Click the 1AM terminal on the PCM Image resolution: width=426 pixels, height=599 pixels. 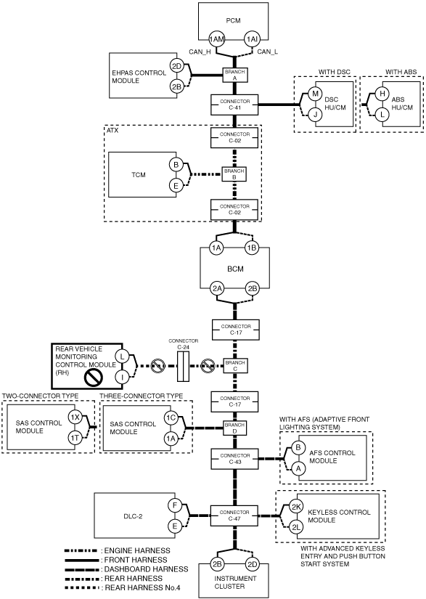pyautogui.click(x=217, y=39)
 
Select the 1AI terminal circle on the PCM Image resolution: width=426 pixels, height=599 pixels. pyautogui.click(x=252, y=39)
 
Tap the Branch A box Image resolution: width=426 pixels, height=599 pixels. pyautogui.click(x=235, y=75)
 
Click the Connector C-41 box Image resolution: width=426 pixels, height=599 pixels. pyautogui.click(x=234, y=105)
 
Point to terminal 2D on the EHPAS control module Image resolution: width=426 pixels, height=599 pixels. pyautogui.click(x=176, y=66)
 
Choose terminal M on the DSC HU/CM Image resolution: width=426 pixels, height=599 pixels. pyautogui.click(x=315, y=94)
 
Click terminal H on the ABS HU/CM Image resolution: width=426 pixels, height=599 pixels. pyautogui.click(x=382, y=94)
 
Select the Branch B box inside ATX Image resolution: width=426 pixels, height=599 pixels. pyautogui.click(x=234, y=174)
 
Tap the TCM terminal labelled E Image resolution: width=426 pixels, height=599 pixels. pyautogui.click(x=176, y=186)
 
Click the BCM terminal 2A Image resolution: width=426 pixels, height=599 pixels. pyautogui.click(x=217, y=288)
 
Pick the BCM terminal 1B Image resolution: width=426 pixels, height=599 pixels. pyautogui.click(x=252, y=248)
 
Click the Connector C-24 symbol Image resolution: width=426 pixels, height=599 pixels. pyautogui.click(x=183, y=367)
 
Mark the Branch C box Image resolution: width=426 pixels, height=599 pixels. pyautogui.click(x=235, y=366)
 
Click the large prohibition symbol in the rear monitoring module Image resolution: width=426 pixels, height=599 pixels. pyautogui.click(x=94, y=378)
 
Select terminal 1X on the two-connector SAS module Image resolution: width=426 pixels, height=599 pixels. pyautogui.click(x=75, y=417)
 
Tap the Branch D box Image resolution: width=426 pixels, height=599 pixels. pyautogui.click(x=234, y=428)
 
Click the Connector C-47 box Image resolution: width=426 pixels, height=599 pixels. pyautogui.click(x=234, y=516)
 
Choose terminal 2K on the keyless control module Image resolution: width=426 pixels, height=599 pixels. pyautogui.click(x=296, y=507)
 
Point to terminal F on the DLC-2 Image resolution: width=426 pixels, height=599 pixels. pyautogui.click(x=175, y=506)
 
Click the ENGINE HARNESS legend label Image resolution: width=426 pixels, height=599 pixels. pyautogui.click(x=137, y=550)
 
